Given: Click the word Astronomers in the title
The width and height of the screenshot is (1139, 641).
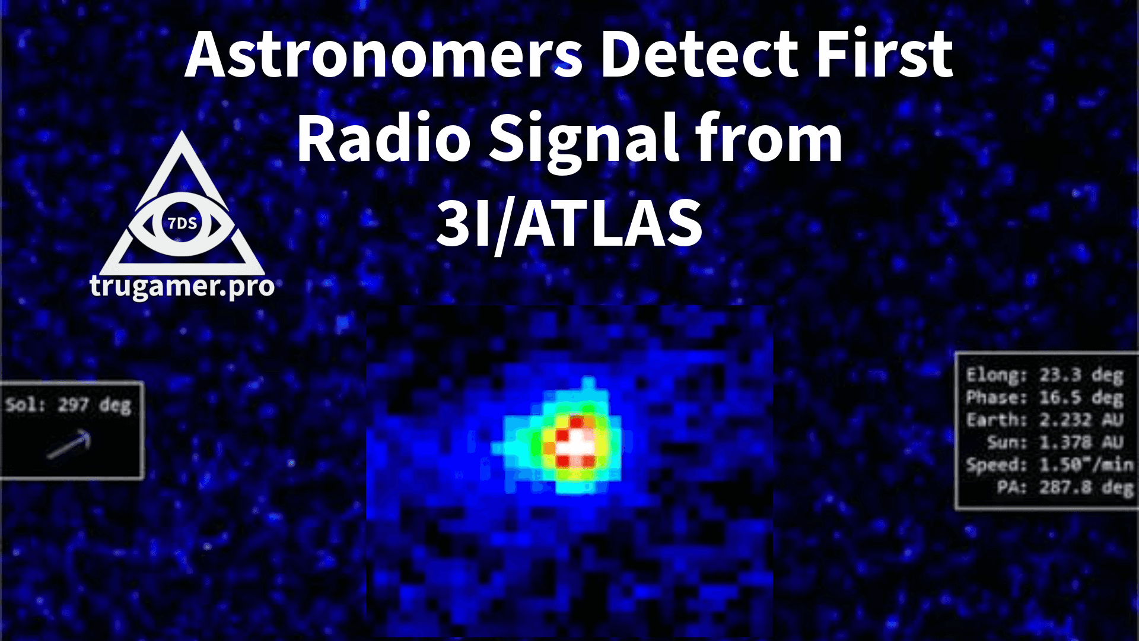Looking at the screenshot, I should (383, 55).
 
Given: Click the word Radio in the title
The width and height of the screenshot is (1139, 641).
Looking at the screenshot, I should (383, 140).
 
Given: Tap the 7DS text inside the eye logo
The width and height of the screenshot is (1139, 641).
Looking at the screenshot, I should (182, 224).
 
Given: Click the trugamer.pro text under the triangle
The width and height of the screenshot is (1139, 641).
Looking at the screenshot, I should (182, 287).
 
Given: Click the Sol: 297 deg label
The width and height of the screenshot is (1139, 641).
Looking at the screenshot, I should (68, 405).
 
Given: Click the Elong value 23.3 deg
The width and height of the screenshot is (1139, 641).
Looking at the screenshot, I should (1081, 375).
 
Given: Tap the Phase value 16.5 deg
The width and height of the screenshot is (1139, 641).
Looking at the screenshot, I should (1081, 398).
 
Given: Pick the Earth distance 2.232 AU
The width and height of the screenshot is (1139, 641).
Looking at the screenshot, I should (1081, 420).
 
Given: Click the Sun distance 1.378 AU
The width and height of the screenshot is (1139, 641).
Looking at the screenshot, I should (1081, 442).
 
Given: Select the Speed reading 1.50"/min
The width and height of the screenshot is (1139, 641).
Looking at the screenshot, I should (1086, 465).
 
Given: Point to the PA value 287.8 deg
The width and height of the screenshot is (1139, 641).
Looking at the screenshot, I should (1086, 487).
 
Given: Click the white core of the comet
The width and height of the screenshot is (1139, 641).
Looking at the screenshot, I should (574, 444).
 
